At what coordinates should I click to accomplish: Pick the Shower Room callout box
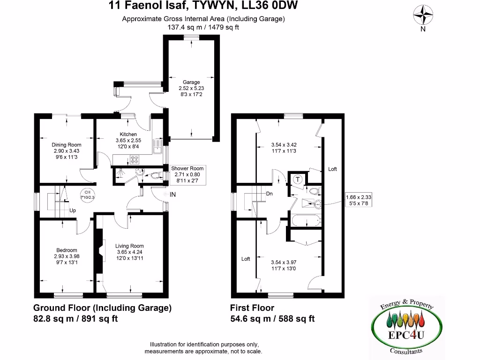click(x=187, y=174)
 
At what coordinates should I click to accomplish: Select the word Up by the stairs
click(x=73, y=210)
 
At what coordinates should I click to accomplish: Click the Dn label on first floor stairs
click(x=269, y=193)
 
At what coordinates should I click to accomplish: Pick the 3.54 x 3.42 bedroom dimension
click(x=284, y=145)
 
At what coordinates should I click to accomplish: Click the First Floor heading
click(x=252, y=308)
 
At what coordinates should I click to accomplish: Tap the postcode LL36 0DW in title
click(x=275, y=6)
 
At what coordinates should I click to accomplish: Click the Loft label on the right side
click(x=332, y=169)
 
